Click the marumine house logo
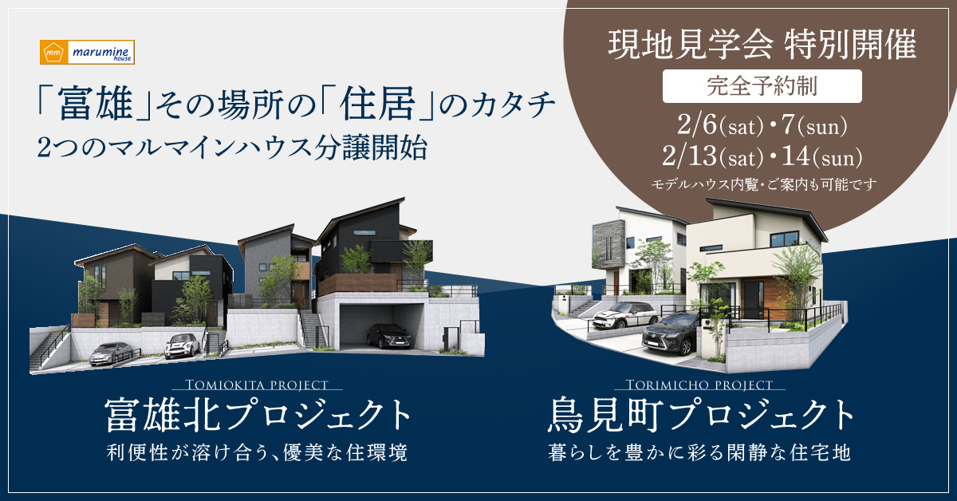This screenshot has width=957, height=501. click(x=87, y=52)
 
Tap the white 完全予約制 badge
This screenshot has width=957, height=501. click(x=762, y=86)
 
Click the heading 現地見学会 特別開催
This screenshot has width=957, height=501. click(x=762, y=45)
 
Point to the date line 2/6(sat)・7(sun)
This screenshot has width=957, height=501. click(x=762, y=126)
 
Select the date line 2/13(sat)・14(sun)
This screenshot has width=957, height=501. click(x=762, y=156)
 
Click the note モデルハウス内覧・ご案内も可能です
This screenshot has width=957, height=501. click(x=764, y=184)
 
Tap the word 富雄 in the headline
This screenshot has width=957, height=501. click(x=96, y=104)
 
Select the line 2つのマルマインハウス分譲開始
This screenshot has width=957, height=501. click(x=232, y=148)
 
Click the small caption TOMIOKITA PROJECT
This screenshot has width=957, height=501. click(x=257, y=385)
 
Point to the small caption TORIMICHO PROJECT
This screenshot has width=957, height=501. click(x=699, y=385)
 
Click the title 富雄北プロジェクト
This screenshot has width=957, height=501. click(x=258, y=414)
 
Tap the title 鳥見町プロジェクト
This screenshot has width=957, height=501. click(x=701, y=414)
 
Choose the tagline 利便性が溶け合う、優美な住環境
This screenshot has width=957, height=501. click(x=257, y=452)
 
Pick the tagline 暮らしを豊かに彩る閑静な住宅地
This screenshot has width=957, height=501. click(x=700, y=452)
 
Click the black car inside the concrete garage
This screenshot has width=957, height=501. click(x=389, y=336)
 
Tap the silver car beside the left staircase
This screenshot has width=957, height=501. click(x=110, y=353)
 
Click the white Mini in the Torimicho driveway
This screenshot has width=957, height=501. click(x=625, y=315)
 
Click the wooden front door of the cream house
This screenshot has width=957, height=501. click(x=755, y=300)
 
